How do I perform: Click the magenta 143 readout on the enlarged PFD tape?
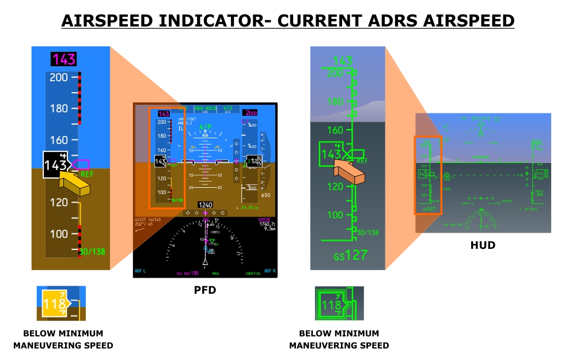click(63, 59)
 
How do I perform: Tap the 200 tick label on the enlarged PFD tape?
click(59, 77)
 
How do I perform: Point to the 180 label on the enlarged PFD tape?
click(59, 108)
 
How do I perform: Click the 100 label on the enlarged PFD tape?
click(59, 234)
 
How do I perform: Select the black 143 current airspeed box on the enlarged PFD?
click(56, 165)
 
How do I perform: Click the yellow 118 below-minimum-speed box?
click(53, 304)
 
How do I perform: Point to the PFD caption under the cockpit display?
click(204, 290)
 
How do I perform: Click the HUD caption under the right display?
click(483, 245)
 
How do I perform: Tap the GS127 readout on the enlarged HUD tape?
click(350, 255)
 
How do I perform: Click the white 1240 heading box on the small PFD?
click(205, 204)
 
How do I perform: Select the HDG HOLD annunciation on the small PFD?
click(205, 108)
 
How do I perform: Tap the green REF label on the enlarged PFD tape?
click(88, 173)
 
